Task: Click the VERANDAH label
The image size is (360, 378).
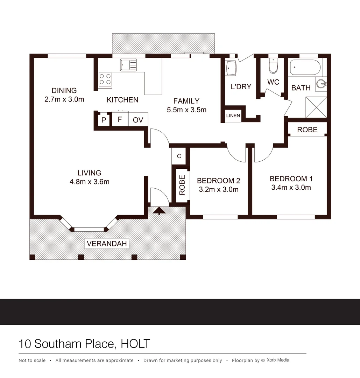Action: pos(107,244)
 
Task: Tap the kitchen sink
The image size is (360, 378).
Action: pos(129,65)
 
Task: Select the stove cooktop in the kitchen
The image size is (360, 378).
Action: pos(105,79)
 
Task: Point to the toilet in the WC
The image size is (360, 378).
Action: pos(273,66)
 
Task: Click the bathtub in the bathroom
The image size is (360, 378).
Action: pos(305,68)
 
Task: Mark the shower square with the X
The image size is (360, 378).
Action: pos(316,107)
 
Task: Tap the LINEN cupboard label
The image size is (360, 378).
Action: pos(233,116)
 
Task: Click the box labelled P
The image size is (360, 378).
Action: pos(104,120)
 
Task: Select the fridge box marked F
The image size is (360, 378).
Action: pos(120,119)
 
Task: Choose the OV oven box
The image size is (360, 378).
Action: pos(138,120)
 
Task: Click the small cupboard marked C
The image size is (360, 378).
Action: pos(179,156)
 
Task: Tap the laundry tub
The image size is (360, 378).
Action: pos(231,68)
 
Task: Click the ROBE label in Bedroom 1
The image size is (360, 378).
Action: pos(307,130)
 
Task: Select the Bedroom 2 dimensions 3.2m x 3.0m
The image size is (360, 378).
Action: pos(218,190)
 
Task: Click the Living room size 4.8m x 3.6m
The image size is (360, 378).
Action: pos(89,182)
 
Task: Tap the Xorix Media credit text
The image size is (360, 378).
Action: pos(278,360)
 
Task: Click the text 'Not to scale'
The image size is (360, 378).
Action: pos(32,360)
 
